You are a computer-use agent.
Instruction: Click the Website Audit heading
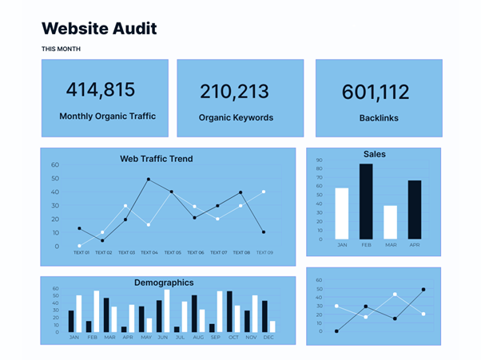click(x=99, y=29)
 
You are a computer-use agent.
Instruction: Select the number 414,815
click(x=100, y=89)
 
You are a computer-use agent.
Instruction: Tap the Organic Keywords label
click(x=236, y=117)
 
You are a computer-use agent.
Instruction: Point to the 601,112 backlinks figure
click(x=376, y=93)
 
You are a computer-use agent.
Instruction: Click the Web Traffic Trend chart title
click(x=156, y=159)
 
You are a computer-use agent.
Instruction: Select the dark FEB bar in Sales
click(x=366, y=201)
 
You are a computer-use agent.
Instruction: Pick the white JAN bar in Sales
click(x=342, y=213)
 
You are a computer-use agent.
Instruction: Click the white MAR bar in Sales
click(x=390, y=222)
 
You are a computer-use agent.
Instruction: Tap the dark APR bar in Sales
click(x=414, y=209)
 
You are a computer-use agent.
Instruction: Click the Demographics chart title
click(x=163, y=283)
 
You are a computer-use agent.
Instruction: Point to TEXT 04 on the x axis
click(x=149, y=252)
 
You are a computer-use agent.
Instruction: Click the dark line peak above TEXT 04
click(x=149, y=180)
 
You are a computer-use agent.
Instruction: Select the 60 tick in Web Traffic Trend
click(x=55, y=165)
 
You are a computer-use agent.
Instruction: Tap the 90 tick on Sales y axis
click(x=320, y=160)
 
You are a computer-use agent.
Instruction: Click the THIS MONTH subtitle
click(x=62, y=49)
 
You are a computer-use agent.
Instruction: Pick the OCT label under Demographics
click(x=233, y=338)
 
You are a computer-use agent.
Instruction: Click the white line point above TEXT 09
click(x=264, y=192)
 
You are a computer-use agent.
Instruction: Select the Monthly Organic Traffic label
click(x=107, y=117)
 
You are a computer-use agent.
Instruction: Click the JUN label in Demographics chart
click(x=162, y=338)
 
